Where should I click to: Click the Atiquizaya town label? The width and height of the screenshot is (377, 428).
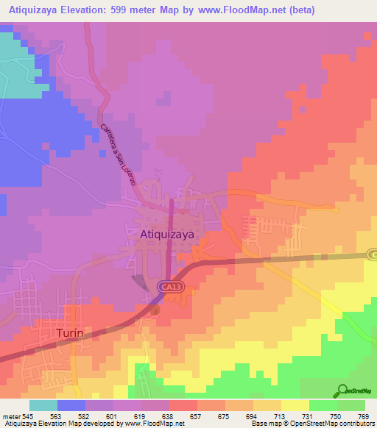[x=170, y=233]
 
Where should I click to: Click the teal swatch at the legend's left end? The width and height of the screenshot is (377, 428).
[x=43, y=405]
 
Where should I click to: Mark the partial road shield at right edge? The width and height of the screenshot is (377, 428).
[x=373, y=254]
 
